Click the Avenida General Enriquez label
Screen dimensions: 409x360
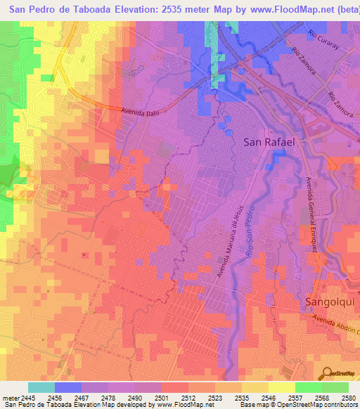[x=308, y=210]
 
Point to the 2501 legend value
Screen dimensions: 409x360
[x=162, y=398]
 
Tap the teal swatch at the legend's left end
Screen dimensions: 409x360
[x=41, y=387]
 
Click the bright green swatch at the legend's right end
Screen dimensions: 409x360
[x=335, y=387]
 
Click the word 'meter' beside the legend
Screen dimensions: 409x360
[x=11, y=398]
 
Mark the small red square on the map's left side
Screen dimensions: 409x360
[x=84, y=254]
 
